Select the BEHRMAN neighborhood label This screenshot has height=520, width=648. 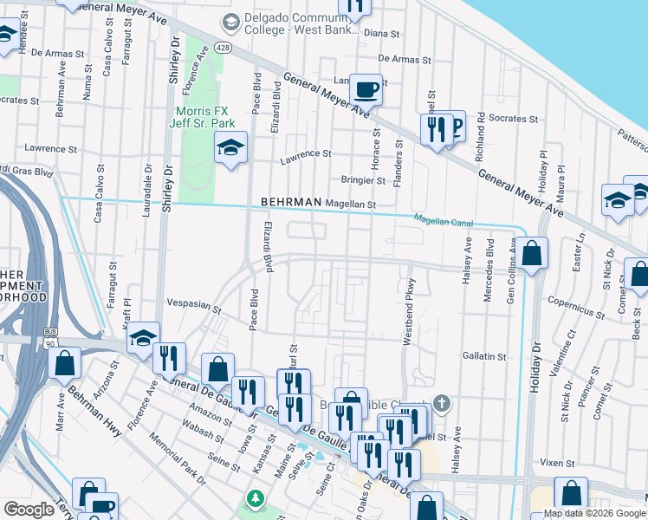click(x=292, y=203)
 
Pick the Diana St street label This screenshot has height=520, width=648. click(x=381, y=34)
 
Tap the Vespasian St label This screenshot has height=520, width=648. click(x=192, y=304)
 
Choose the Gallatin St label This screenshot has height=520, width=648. click(x=484, y=356)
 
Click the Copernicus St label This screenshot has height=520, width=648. click(x=576, y=304)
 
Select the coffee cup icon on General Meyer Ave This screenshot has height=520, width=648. click(x=366, y=88)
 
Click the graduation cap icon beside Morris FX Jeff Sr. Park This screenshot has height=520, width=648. click(x=231, y=149)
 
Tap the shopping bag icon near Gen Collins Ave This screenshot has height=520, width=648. click(x=534, y=253)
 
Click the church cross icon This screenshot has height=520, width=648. click(x=442, y=402)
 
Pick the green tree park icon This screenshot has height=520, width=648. click(x=256, y=499)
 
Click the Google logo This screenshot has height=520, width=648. click(x=29, y=510)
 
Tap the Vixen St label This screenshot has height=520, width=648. click(x=551, y=463)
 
